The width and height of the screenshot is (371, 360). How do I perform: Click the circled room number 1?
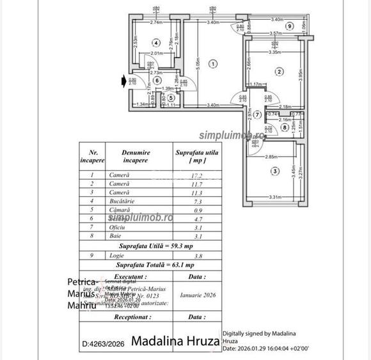point(214,63)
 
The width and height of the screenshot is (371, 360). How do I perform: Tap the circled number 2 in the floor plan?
point(279,72)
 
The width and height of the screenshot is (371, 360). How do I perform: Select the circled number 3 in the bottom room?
point(274,171)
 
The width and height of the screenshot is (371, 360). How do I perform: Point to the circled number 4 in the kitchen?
point(156,43)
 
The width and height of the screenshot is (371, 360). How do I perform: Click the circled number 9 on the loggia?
point(290,26)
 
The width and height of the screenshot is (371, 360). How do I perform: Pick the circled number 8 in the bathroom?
point(284,127)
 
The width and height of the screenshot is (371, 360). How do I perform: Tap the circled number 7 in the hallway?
point(257,115)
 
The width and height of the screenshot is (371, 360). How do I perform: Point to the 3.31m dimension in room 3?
point(276,197)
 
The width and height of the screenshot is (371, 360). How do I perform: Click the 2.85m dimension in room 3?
point(271,156)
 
